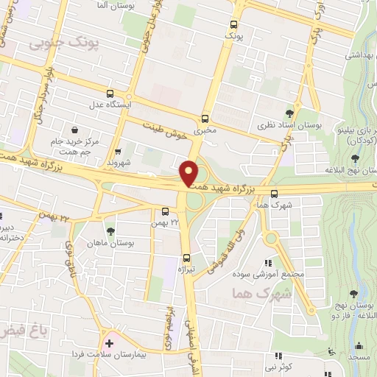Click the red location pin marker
point(189,174)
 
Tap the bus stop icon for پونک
point(235,22)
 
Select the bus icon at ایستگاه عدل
point(110,94)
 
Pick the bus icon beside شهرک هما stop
point(274,195)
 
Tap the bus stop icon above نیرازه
point(186,258)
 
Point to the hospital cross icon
point(110,342)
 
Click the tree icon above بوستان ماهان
point(110,232)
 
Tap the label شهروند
point(117,162)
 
